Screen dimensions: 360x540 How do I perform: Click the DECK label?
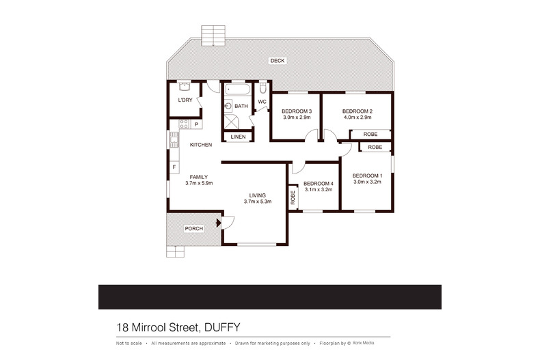tap(277, 61)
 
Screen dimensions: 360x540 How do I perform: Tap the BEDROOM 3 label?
tap(297, 111)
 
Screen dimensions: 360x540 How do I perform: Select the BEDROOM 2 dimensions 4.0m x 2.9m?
tap(356, 117)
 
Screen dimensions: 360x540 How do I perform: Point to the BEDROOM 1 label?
tap(366, 176)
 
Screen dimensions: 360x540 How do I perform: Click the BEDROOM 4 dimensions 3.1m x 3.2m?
tap(317, 189)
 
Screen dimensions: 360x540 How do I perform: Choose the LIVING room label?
tap(257, 195)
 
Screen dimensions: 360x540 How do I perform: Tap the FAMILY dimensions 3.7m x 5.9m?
tap(199, 183)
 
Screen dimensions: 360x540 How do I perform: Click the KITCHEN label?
tap(201, 145)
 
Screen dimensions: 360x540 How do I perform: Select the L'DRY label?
tap(185, 100)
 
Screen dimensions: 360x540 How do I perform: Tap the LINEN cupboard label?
tap(237, 137)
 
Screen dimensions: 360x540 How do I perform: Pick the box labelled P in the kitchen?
tap(195, 124)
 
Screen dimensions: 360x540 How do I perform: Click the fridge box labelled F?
tap(174, 167)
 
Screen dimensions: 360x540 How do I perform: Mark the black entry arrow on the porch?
tap(217, 222)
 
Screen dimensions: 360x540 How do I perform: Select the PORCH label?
tap(193, 228)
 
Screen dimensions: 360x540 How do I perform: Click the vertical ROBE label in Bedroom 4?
tap(293, 197)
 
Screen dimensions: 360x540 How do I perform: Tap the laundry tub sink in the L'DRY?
tap(183, 87)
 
